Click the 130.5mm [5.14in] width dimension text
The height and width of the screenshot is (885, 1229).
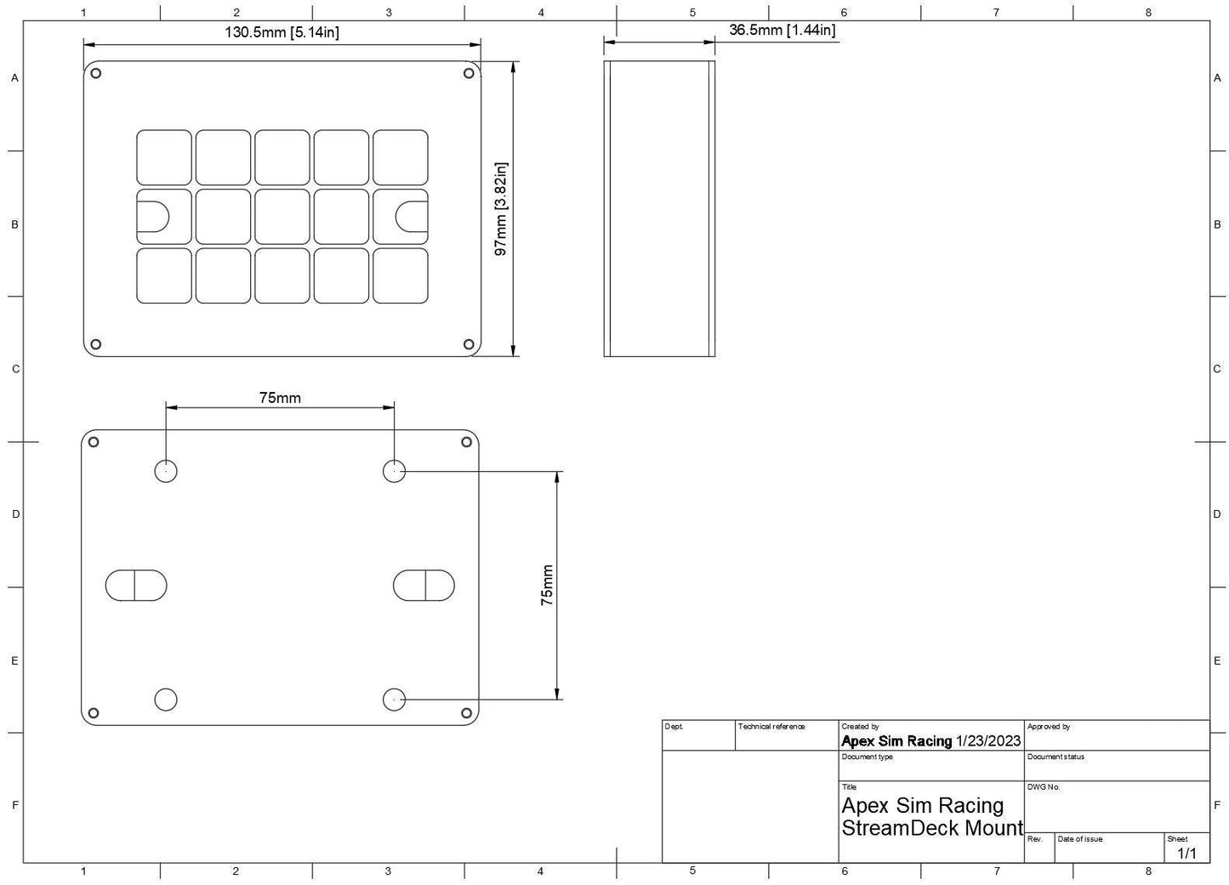[282, 31]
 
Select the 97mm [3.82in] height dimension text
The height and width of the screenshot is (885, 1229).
[501, 209]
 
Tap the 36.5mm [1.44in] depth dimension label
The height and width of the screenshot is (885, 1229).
[782, 30]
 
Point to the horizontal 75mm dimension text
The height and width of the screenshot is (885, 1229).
[280, 398]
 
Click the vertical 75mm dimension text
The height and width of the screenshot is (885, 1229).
[547, 585]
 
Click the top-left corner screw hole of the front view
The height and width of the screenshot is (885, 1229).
[95, 73]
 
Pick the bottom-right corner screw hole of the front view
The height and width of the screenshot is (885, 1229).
[469, 344]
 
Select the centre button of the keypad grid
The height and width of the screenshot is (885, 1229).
[282, 217]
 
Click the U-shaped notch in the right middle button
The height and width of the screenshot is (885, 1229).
[412, 217]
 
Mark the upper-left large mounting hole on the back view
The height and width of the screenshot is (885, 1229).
[166, 471]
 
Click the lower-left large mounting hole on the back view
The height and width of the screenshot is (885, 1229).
[166, 700]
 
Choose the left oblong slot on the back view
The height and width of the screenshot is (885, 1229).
[136, 586]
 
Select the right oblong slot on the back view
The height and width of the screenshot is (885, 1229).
[424, 586]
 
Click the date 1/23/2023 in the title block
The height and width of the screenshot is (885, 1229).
[988, 740]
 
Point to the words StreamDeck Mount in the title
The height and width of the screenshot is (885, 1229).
[932, 828]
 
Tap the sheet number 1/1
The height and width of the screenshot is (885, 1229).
[1186, 853]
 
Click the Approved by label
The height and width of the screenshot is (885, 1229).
[1049, 727]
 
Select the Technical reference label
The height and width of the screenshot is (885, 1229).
[771, 727]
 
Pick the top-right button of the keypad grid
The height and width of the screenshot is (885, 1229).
[401, 157]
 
